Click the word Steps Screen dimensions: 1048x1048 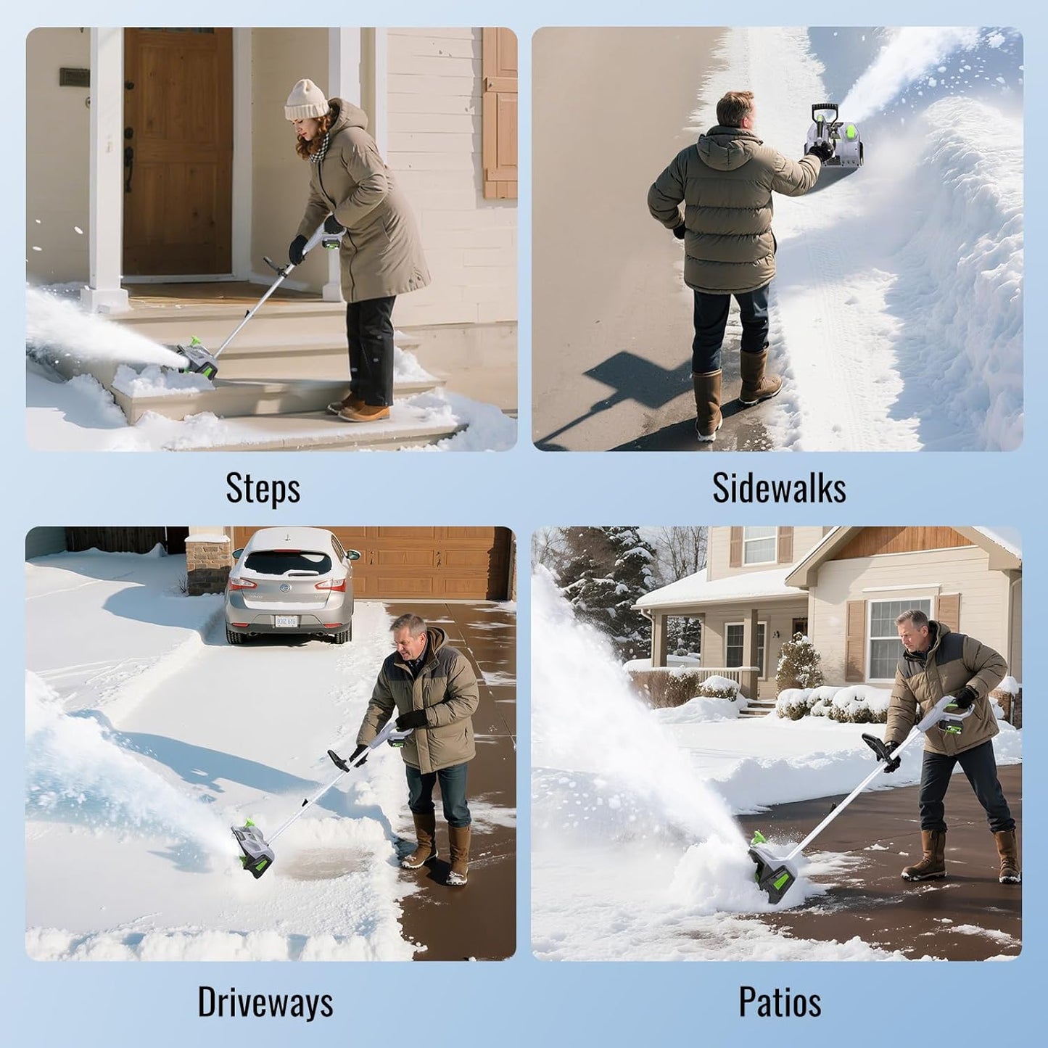click(263, 488)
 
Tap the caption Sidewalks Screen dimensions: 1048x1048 click(779, 488)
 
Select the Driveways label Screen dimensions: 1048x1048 click(265, 1002)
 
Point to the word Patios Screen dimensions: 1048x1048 click(780, 1002)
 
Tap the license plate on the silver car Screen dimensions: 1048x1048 click(286, 621)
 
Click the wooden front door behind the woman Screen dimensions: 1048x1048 click(178, 152)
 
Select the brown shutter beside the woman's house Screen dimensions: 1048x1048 click(500, 112)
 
